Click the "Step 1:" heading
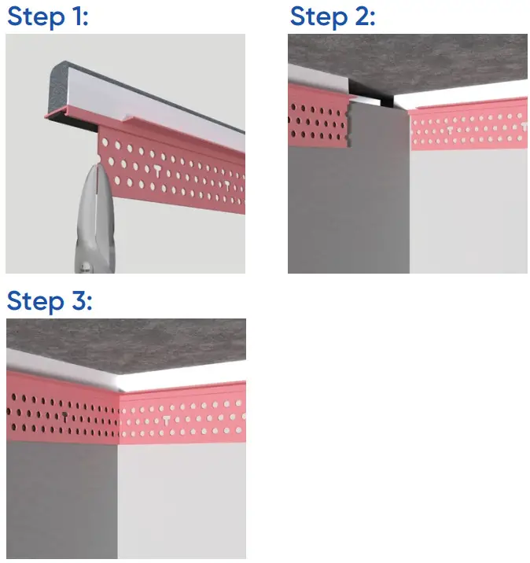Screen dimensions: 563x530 point(47,17)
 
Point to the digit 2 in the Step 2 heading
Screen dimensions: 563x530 point(363,17)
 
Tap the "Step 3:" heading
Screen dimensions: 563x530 point(49,301)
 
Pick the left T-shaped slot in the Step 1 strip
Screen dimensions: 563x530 point(160,171)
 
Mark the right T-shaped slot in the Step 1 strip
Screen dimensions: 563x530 point(227,186)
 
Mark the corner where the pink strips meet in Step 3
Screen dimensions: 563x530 point(119,417)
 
